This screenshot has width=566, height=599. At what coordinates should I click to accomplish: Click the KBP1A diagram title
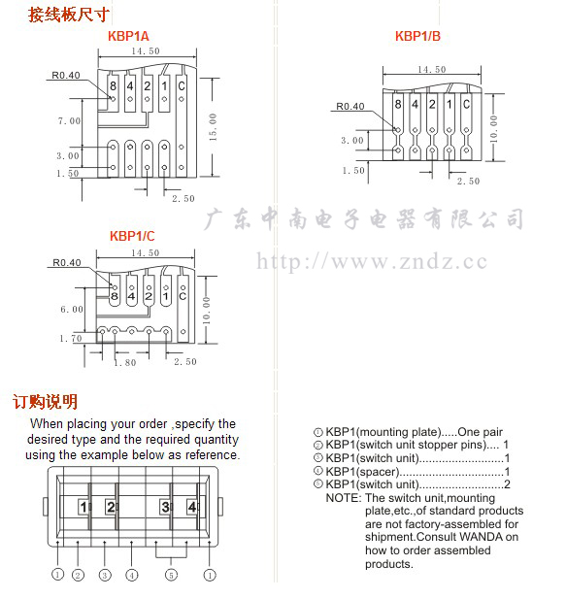128,36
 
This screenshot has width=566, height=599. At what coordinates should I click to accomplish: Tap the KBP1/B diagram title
417,36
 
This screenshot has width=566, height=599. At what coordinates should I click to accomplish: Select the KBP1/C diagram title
132,236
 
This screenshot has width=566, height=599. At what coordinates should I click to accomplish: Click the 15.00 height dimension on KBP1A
214,127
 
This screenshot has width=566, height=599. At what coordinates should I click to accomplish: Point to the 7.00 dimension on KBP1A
69,121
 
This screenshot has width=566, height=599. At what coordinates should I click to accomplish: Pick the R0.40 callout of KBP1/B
350,106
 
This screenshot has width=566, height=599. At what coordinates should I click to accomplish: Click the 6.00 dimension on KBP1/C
72,309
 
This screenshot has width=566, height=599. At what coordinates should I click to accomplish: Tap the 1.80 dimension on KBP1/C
125,362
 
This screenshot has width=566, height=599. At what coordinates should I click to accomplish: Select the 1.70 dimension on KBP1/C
71,339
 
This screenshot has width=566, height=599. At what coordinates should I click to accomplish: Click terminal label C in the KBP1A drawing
182,86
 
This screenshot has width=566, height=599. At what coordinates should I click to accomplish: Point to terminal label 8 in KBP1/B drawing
398,104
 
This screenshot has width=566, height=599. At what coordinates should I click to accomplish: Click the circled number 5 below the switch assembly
171,575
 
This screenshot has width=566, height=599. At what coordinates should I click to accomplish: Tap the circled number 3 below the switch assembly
105,575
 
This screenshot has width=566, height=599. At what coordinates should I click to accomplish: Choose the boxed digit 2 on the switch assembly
111,507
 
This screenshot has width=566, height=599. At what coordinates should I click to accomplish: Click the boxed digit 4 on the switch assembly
192,507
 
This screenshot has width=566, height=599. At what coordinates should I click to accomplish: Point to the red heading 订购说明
45,402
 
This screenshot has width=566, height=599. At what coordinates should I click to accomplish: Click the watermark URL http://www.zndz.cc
372,262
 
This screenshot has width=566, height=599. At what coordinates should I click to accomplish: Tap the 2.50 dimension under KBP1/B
468,182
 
